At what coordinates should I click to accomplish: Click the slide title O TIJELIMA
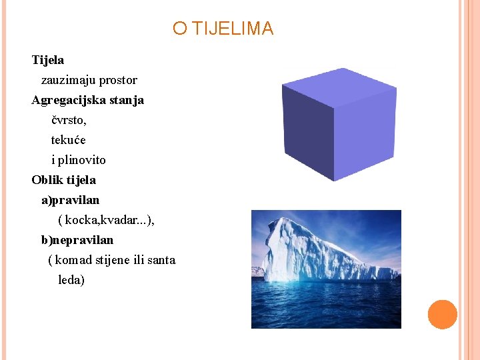pyautogui.click(x=223, y=29)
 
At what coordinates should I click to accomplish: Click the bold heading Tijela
pyautogui.click(x=48, y=60)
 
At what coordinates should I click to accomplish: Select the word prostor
pyautogui.click(x=118, y=80)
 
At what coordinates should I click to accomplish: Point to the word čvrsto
pyautogui.click(x=69, y=121)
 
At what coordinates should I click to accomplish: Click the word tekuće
pyautogui.click(x=69, y=140)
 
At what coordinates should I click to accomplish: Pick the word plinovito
pyautogui.click(x=81, y=160)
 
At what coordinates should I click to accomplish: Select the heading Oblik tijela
pyautogui.click(x=63, y=180)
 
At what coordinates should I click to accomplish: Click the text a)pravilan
pyautogui.click(x=70, y=200)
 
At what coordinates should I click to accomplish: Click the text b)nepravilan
pyautogui.click(x=77, y=240)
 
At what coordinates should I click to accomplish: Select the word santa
pyautogui.click(x=161, y=260)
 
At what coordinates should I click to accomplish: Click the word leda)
pyautogui.click(x=71, y=280)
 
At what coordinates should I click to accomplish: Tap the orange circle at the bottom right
pyautogui.click(x=442, y=315)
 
